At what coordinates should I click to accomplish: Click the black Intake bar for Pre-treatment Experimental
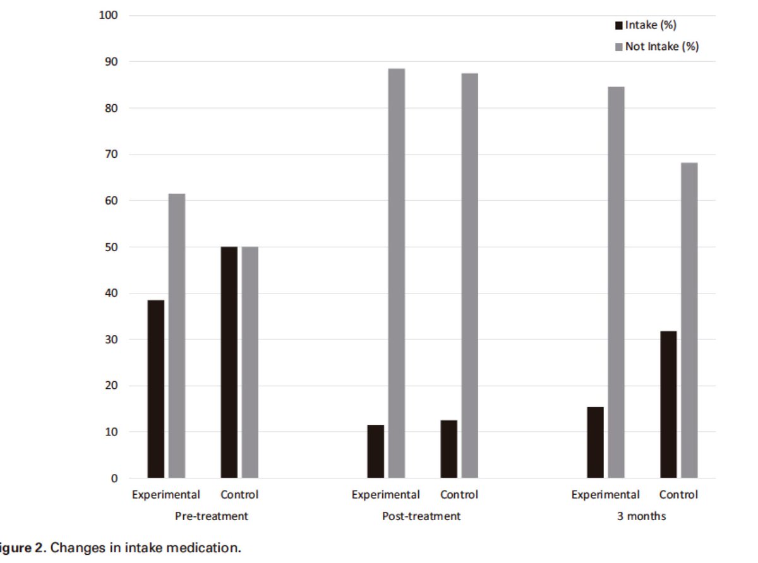click(x=156, y=389)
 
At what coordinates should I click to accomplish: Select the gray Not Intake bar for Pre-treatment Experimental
click(x=177, y=336)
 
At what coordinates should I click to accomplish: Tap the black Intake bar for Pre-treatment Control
click(x=229, y=362)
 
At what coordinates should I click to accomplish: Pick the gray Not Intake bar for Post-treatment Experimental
click(x=397, y=273)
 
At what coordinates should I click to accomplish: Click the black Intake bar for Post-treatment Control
click(x=449, y=449)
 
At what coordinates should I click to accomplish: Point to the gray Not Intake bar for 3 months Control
click(x=690, y=320)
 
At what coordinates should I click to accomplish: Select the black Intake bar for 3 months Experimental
click(x=595, y=442)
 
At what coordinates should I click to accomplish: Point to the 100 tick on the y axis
click(x=108, y=15)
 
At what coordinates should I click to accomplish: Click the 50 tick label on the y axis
click(x=111, y=247)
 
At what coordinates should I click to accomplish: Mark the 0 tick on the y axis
click(x=114, y=478)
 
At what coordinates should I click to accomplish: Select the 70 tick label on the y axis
click(x=111, y=155)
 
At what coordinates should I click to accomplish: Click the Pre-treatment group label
click(x=211, y=516)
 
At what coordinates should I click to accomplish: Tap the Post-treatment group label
click(x=421, y=516)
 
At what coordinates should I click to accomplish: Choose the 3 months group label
click(x=641, y=516)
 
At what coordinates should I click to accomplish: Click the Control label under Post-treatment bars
click(x=459, y=495)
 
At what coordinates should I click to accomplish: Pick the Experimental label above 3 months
click(x=605, y=495)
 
